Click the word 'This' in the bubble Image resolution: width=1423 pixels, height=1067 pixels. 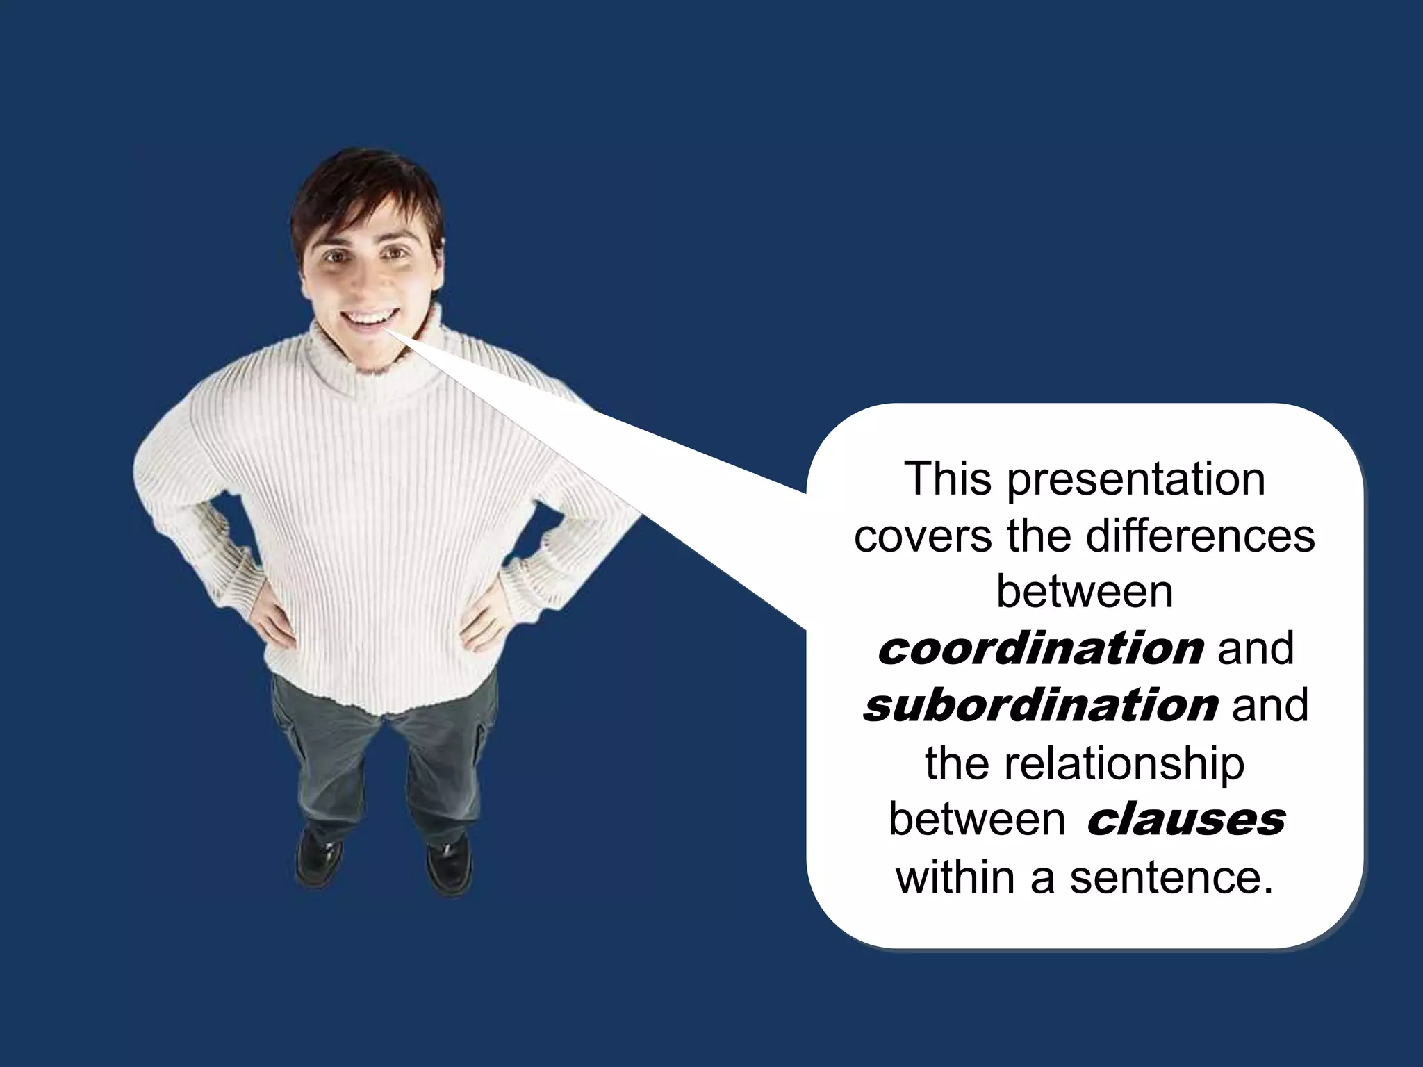[x=948, y=479]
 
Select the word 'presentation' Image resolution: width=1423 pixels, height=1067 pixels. [x=1136, y=481]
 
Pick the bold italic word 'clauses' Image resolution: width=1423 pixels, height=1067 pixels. [x=1185, y=820]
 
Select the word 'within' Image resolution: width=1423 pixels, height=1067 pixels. [x=955, y=877]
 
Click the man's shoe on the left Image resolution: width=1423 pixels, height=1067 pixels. [x=318, y=858]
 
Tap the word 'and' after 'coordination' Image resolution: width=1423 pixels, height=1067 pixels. [x=1256, y=649]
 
